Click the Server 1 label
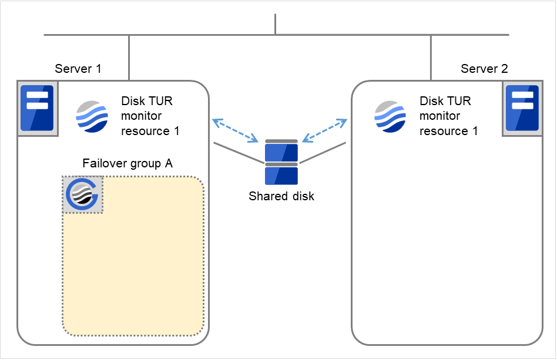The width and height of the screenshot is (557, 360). [x=78, y=69]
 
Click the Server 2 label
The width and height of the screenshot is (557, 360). [x=484, y=69]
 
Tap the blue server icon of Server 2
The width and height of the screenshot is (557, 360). [x=522, y=109]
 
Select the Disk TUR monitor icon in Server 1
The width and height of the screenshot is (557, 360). [x=92, y=116]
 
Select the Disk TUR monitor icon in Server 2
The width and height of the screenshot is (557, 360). [x=391, y=116]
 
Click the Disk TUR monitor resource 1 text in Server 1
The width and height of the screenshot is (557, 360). [x=150, y=116]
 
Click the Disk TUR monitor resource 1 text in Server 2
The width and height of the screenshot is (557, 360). [x=448, y=116]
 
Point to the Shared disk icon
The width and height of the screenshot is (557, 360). [x=281, y=162]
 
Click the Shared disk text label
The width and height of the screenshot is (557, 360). [x=281, y=197]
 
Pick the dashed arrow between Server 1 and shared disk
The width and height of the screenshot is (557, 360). [x=235, y=130]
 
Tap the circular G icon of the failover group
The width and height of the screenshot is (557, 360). [x=83, y=194]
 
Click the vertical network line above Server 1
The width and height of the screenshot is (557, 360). [x=129, y=57]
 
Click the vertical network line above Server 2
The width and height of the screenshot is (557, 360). [x=431, y=57]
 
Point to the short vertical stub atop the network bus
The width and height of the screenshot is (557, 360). [x=275, y=23]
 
